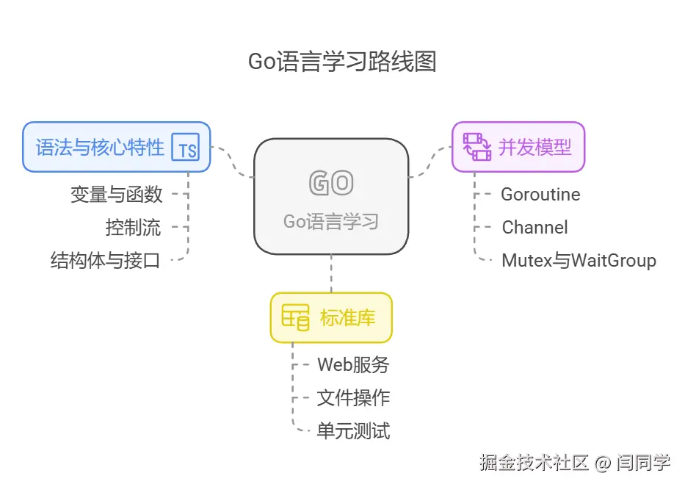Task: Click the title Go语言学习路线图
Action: click(342, 62)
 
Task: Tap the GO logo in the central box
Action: click(331, 184)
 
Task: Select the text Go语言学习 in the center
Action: click(331, 221)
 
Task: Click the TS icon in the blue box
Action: click(187, 148)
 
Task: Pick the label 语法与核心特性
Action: click(100, 147)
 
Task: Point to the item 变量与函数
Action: click(117, 195)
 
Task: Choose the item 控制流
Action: click(133, 227)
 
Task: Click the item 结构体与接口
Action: click(106, 260)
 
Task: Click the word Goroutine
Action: click(540, 195)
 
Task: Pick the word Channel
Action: click(534, 227)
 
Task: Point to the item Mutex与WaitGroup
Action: click(579, 260)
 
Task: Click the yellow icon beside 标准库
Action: click(296, 318)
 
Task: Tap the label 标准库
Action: click(348, 318)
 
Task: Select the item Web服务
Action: click(353, 364)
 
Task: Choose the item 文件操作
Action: click(353, 397)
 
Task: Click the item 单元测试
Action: click(353, 430)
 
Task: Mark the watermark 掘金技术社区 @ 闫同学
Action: click(575, 463)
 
